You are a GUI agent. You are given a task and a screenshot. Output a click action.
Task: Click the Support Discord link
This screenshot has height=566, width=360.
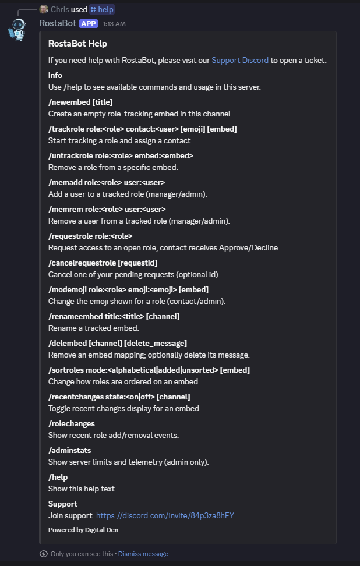tap(240, 60)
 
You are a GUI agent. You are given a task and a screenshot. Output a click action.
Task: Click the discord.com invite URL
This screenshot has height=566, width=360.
tap(165, 515)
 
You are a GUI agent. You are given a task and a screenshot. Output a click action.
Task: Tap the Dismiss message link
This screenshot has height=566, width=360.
tap(143, 554)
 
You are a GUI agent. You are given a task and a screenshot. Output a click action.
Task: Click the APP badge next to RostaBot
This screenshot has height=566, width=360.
tap(89, 23)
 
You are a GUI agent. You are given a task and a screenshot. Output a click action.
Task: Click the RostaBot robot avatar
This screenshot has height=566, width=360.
tap(17, 29)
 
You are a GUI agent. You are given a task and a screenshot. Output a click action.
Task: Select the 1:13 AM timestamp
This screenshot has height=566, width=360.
tap(114, 24)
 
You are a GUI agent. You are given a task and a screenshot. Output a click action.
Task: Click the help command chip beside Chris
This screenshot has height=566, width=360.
tap(102, 9)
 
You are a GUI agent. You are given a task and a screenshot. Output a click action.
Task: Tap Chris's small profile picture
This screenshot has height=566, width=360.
tap(44, 9)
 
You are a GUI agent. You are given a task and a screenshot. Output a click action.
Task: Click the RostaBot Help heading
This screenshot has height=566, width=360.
tap(77, 44)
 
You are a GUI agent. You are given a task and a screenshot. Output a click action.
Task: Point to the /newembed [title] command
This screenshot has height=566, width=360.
tap(80, 102)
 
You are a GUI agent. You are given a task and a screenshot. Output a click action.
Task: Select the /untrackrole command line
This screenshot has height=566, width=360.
tap(121, 155)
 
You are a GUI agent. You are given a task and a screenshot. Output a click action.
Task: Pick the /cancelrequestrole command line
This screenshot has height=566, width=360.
tap(103, 263)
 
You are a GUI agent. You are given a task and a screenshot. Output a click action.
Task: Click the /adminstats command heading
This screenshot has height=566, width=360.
tap(69, 450)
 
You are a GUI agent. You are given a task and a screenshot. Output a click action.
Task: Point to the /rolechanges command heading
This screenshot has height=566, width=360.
tap(71, 423)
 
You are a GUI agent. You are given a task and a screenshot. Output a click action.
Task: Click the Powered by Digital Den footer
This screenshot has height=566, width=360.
tap(83, 530)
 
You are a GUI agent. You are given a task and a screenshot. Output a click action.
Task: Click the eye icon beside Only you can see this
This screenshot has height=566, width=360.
tap(43, 554)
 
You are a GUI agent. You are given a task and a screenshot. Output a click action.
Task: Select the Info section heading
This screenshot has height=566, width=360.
tap(55, 75)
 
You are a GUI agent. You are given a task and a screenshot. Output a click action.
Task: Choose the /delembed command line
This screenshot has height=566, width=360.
tap(117, 343)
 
